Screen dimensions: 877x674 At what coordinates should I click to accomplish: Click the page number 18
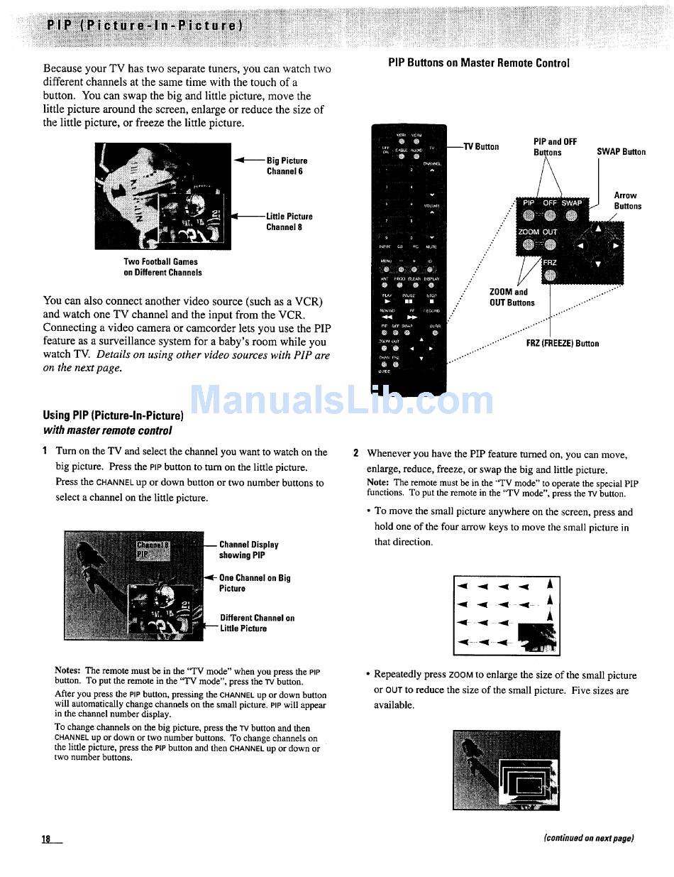47,839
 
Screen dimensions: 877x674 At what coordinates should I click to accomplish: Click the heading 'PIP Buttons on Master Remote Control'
479,63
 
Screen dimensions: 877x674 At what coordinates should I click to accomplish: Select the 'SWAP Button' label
621,152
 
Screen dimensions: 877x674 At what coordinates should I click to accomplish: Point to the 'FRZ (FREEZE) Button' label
562,344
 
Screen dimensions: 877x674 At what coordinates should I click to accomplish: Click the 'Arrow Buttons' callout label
627,201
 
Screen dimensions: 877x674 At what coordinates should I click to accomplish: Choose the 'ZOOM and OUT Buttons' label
512,298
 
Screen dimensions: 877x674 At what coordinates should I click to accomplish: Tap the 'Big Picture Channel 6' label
287,166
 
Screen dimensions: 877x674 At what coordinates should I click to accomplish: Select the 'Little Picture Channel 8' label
289,222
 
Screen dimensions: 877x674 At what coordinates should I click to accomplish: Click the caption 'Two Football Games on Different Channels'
162,267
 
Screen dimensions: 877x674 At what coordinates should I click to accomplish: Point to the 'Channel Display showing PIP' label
248,550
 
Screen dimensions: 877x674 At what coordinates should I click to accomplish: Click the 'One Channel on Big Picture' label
254,583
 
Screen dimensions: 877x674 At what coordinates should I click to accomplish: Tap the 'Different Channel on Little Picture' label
257,623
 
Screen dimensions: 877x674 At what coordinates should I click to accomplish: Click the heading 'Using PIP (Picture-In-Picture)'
114,415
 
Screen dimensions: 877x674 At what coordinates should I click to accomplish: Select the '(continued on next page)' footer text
588,838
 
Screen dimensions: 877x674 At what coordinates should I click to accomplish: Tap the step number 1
45,452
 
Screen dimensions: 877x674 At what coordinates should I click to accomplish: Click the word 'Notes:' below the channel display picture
68,670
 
